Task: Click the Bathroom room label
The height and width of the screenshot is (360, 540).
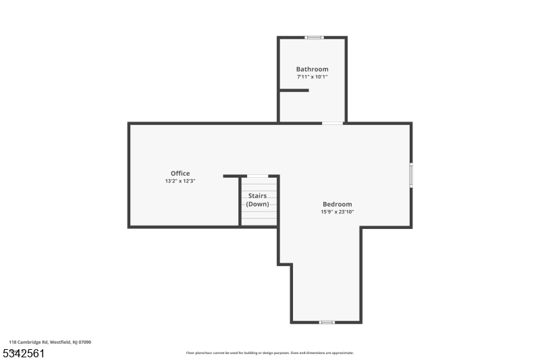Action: click(312, 69)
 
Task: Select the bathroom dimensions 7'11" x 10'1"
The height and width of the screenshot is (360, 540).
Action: click(312, 77)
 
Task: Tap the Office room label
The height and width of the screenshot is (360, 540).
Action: click(180, 174)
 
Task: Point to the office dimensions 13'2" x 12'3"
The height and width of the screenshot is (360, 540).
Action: click(180, 181)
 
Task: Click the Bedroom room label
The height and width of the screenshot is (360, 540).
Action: click(337, 204)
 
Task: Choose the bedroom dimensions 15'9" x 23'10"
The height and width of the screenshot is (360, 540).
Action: click(337, 212)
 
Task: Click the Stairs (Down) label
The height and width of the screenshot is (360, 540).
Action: click(257, 200)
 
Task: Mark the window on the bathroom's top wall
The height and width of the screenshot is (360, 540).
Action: click(314, 38)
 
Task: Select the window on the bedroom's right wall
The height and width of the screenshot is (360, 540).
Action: click(410, 175)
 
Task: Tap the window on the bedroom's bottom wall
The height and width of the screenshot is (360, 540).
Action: click(327, 322)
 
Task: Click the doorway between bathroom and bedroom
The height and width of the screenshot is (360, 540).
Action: click(332, 123)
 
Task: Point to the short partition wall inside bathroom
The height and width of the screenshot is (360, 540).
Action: click(294, 90)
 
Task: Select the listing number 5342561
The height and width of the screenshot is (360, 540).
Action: click(24, 353)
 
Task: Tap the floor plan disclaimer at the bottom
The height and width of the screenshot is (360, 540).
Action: click(270, 353)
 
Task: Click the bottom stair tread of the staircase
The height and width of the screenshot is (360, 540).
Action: click(259, 222)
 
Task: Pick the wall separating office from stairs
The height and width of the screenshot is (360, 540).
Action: click(240, 201)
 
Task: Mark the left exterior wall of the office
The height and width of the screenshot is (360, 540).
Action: click(130, 175)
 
